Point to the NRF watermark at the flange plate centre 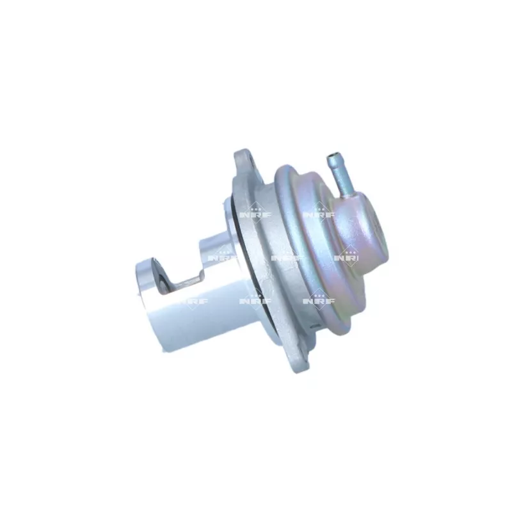[x=285, y=256]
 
